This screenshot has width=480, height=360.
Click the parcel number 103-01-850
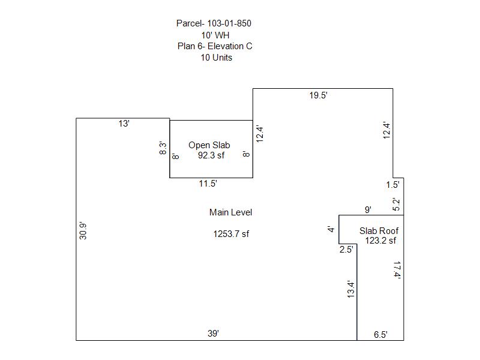[x=229, y=23]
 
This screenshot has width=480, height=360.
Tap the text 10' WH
[x=215, y=35]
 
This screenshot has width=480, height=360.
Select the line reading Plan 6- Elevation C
[x=215, y=46]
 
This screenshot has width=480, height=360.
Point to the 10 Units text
[x=217, y=58]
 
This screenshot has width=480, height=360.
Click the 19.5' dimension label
[x=319, y=95]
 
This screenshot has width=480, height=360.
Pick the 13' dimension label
[x=124, y=124]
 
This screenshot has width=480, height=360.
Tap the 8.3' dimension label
[x=163, y=148]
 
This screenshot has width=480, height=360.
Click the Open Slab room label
[x=209, y=145]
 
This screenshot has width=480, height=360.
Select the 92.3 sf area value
[x=211, y=155]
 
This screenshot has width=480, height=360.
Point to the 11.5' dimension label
[x=208, y=184]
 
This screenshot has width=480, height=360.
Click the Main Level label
[x=230, y=212]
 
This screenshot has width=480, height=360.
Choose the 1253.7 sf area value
[x=231, y=234]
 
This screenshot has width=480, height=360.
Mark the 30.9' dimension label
[x=83, y=230]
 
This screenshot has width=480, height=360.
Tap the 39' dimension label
[x=213, y=334]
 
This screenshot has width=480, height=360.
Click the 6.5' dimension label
[x=380, y=335]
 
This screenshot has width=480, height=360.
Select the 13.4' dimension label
[x=351, y=289]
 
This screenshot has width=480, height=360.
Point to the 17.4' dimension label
[x=397, y=270]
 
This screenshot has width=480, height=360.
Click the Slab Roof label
[x=379, y=231]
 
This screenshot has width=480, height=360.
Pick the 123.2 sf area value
[x=380, y=241]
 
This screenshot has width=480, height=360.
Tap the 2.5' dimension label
[x=346, y=250]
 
